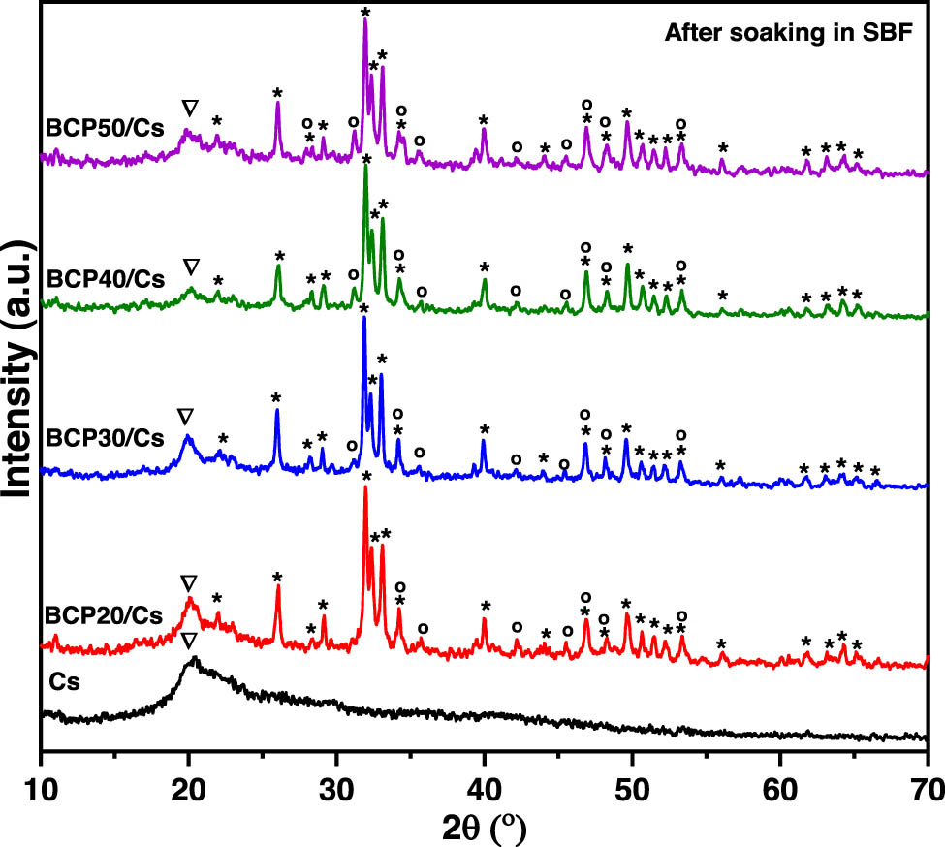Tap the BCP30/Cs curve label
coord(104,437)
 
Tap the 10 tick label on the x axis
coord(41,784)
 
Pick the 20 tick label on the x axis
coord(189,784)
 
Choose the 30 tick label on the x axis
coord(336,784)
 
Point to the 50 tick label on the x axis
coord(632,784)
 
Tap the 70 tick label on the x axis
coord(926,784)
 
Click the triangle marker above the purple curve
coord(190,107)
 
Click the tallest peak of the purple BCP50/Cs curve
coord(365,21)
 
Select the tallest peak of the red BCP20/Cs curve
coord(365,487)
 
